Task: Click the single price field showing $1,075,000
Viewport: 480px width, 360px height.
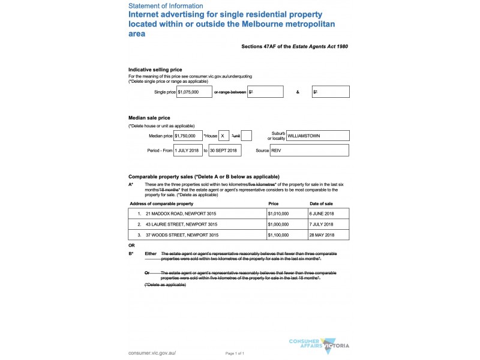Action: click(x=194, y=92)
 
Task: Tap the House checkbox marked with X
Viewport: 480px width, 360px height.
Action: click(x=224, y=136)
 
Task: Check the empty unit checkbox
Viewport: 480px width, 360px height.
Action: click(x=246, y=136)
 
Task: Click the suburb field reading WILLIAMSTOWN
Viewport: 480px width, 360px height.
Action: click(x=317, y=136)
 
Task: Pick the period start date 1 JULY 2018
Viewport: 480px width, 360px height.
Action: click(x=188, y=150)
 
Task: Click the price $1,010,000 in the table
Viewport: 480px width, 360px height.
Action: click(x=278, y=214)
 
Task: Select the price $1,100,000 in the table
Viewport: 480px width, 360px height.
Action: click(x=278, y=235)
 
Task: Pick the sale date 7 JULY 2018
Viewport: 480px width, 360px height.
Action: click(x=321, y=224)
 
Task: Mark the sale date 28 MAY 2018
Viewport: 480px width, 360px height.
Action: click(x=321, y=235)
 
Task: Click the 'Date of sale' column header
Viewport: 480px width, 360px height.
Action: click(x=321, y=203)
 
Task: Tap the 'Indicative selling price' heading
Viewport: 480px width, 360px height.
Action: click(x=155, y=70)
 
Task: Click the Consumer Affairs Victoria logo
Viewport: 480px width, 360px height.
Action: click(x=319, y=344)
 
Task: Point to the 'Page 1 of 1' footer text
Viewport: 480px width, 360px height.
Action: click(x=235, y=353)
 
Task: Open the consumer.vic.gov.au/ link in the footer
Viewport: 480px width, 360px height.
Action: click(x=152, y=353)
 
